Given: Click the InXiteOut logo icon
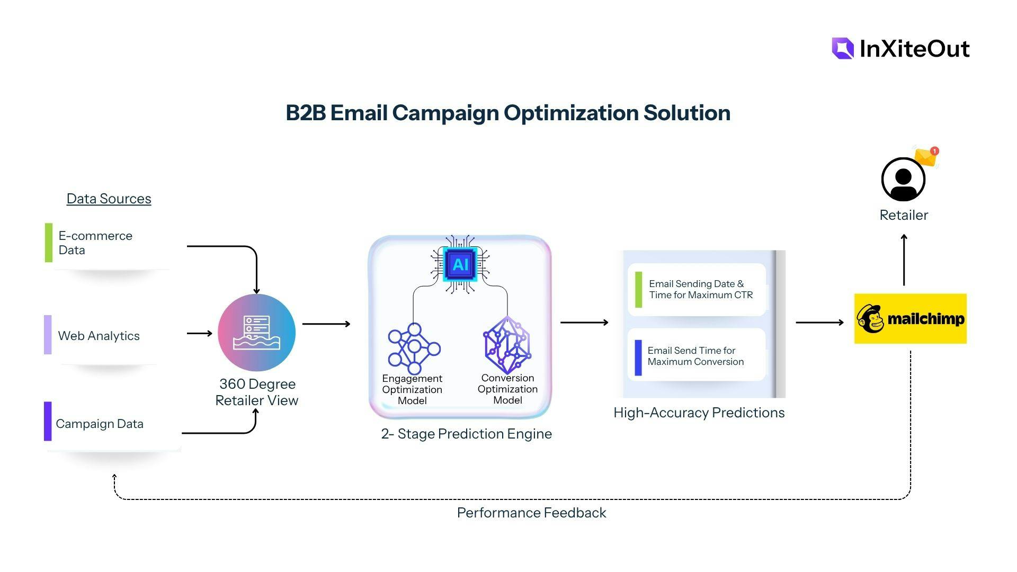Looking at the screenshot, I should [843, 48].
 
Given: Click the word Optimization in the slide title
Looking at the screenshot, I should [570, 113].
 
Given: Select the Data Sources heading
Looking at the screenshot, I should [109, 199].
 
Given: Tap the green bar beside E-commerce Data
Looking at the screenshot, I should [49, 243].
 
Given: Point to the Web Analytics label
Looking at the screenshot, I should [99, 336].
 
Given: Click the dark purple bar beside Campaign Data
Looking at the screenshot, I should [48, 421].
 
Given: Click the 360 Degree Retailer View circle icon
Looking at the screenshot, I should [256, 333].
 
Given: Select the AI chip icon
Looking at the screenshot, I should [460, 264].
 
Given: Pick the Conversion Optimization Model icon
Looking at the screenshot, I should [507, 345].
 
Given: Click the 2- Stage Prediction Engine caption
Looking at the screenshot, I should [466, 434].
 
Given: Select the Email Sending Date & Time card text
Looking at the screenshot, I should [700, 289].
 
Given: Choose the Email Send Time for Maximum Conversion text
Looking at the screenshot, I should [695, 356].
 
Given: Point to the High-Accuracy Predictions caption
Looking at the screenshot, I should [699, 413].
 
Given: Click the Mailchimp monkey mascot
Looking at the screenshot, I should [870, 319].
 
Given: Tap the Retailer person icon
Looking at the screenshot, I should [903, 180].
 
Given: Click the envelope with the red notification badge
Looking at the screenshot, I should [926, 157].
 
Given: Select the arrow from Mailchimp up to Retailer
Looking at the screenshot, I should [904, 260].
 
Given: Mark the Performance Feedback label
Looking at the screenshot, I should [531, 513].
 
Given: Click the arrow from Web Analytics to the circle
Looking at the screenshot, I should [200, 334].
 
